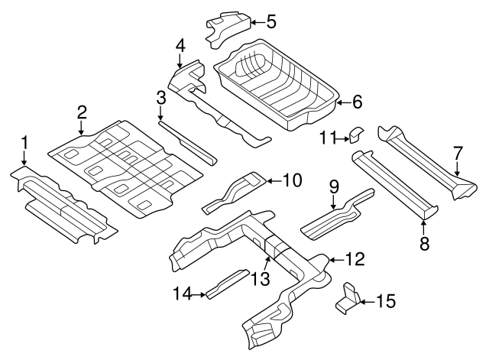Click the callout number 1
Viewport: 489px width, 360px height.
coord(24,142)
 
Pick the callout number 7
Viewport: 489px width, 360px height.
coord(457,154)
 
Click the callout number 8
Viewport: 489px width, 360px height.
coord(424,244)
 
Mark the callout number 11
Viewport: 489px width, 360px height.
coord(327,138)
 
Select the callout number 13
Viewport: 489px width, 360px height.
coord(262,280)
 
